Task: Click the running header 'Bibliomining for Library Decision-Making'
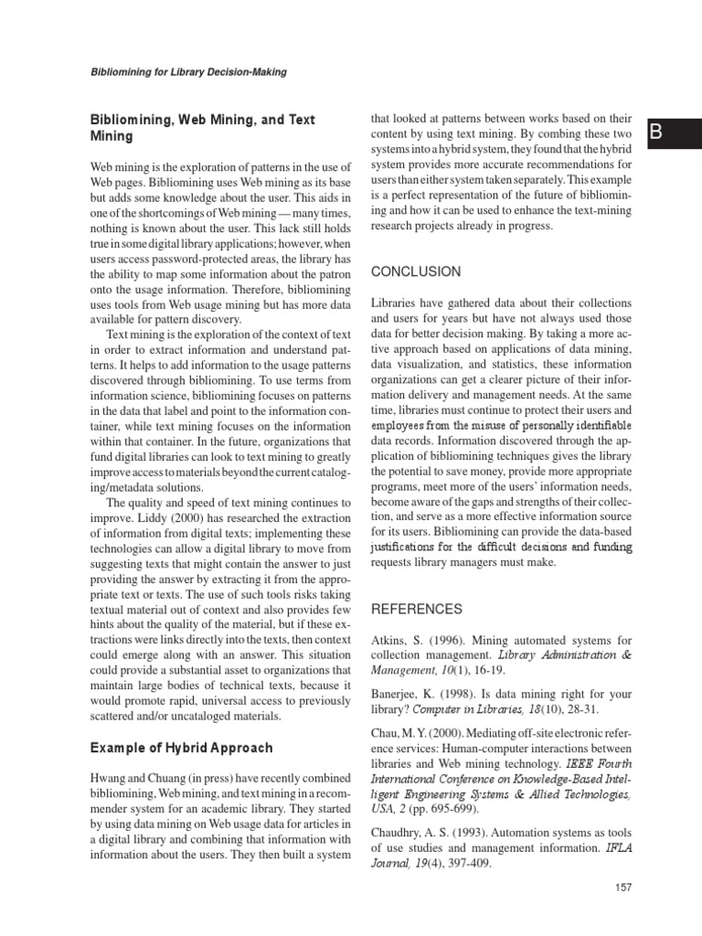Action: (x=197, y=72)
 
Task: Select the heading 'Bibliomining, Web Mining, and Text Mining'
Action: (x=201, y=127)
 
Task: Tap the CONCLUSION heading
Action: (x=416, y=271)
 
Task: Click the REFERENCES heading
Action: (x=417, y=609)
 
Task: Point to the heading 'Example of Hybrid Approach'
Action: (x=181, y=748)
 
